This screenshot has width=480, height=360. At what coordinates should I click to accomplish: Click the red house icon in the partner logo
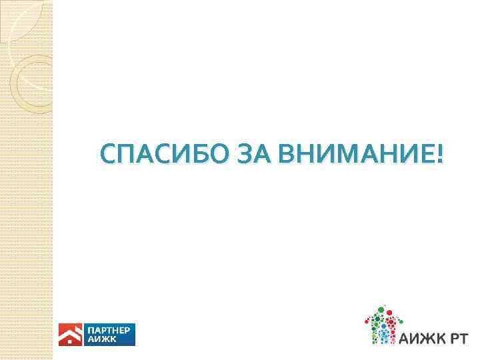(x=69, y=335)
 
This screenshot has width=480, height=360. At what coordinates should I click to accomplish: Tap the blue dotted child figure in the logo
(x=383, y=333)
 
